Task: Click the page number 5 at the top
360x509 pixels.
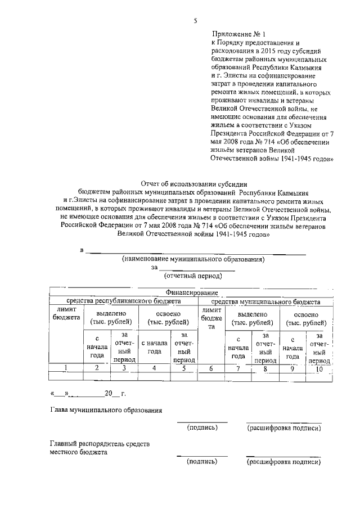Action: (195, 21)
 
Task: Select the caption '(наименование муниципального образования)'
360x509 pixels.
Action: (193, 259)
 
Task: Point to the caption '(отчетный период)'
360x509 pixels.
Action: (193, 276)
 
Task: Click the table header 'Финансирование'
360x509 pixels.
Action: (191, 293)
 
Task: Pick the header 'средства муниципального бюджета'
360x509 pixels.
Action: (274, 301)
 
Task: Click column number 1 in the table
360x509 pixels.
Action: (66, 368)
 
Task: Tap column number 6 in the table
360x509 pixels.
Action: (211, 368)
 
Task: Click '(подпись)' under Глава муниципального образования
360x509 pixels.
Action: (202, 428)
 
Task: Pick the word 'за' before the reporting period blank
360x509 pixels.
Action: (155, 268)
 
